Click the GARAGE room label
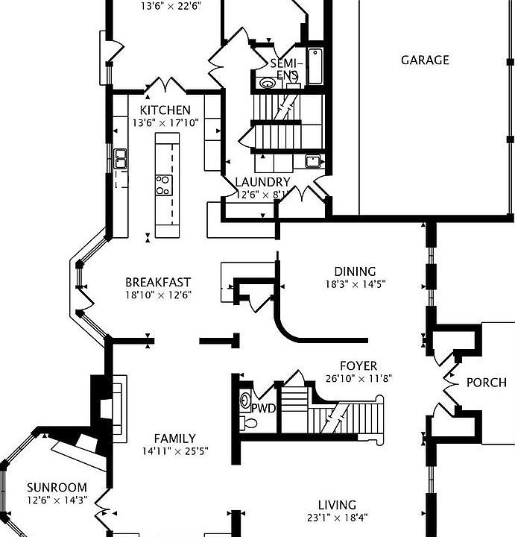(425, 60)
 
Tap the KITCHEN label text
(165, 110)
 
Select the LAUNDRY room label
(262, 182)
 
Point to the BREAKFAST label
(158, 282)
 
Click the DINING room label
(355, 271)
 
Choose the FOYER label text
(358, 366)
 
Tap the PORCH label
(486, 383)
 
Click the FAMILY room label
(174, 439)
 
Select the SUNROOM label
(57, 488)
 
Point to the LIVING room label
(337, 505)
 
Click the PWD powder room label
(263, 408)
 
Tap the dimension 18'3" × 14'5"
(355, 284)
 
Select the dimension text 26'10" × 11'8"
(358, 378)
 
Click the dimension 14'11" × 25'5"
(174, 450)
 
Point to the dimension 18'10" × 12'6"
(158, 295)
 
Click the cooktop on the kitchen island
(162, 184)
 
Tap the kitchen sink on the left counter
(121, 158)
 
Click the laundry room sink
(313, 161)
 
